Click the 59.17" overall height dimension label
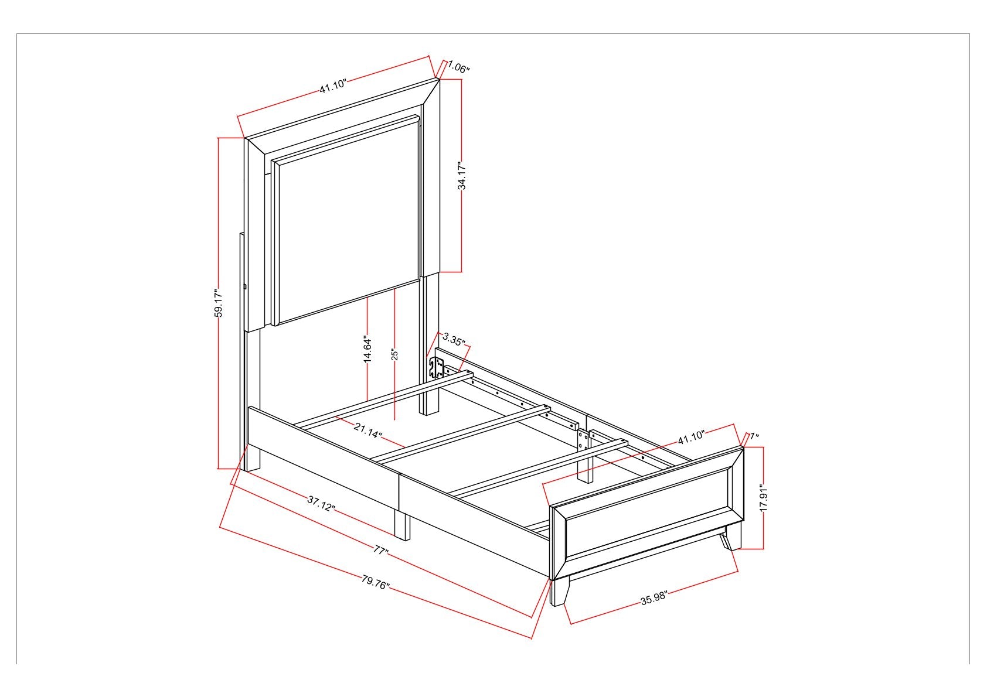[218, 303]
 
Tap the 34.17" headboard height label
[461, 176]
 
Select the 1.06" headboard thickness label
[459, 67]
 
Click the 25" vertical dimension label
[394, 355]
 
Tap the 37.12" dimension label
[321, 503]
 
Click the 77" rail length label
[380, 551]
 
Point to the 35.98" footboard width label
[654, 599]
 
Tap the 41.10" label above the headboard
[333, 86]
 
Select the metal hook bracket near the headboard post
[436, 367]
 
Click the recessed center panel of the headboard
[346, 220]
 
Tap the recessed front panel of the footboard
[647, 514]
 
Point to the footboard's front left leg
[560, 592]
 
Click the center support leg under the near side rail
[402, 525]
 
